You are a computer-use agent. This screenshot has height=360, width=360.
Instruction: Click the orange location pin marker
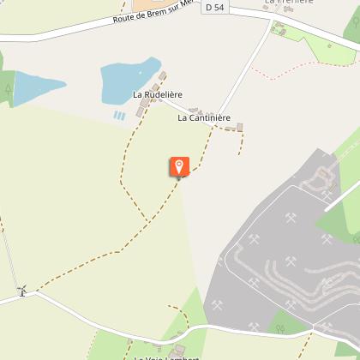179,166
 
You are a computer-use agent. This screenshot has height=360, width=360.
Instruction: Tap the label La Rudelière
157,94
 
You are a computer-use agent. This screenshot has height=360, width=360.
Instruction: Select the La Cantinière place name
204,118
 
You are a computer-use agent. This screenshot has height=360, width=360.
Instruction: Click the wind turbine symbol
23,291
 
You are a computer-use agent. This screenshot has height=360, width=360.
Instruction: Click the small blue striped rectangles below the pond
119,114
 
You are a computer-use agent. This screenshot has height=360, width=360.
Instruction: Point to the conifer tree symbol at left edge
8,87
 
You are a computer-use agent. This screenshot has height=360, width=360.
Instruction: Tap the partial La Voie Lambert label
166,357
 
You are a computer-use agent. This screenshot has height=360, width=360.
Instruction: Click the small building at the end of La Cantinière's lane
240,127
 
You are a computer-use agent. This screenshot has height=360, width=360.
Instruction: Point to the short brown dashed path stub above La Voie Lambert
180,313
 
